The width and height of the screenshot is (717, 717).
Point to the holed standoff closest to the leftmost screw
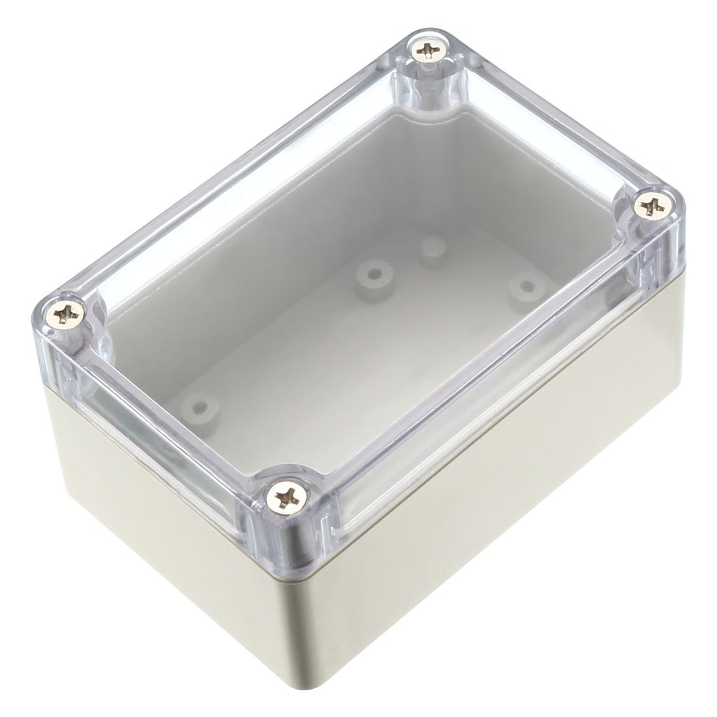point(202,408)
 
